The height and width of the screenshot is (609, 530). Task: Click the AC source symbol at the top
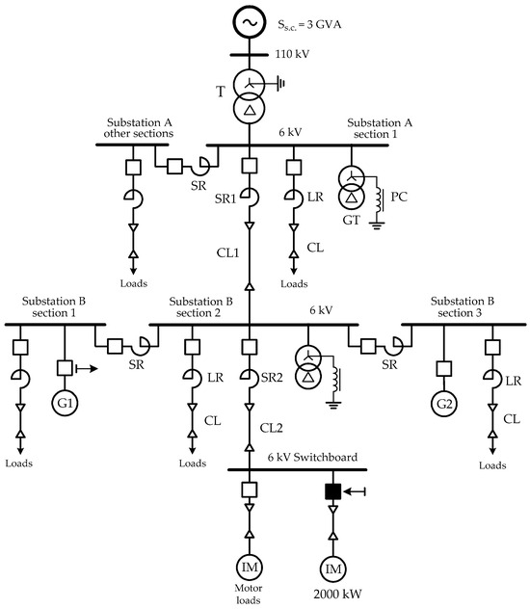pyautogui.click(x=250, y=20)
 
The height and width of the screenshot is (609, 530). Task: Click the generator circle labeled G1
pyautogui.click(x=65, y=403)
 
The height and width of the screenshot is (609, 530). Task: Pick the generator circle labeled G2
pyautogui.click(x=443, y=403)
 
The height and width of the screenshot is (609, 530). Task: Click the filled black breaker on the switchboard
pyautogui.click(x=332, y=491)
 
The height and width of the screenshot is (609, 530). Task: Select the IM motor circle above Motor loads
pyautogui.click(x=250, y=565)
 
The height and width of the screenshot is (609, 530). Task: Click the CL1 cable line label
pyautogui.click(x=228, y=253)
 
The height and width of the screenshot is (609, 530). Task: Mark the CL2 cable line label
pyautogui.click(x=274, y=426)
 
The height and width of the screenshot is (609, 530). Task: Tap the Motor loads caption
pyautogui.click(x=250, y=591)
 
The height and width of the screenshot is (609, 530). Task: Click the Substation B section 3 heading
pyautogui.click(x=464, y=306)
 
